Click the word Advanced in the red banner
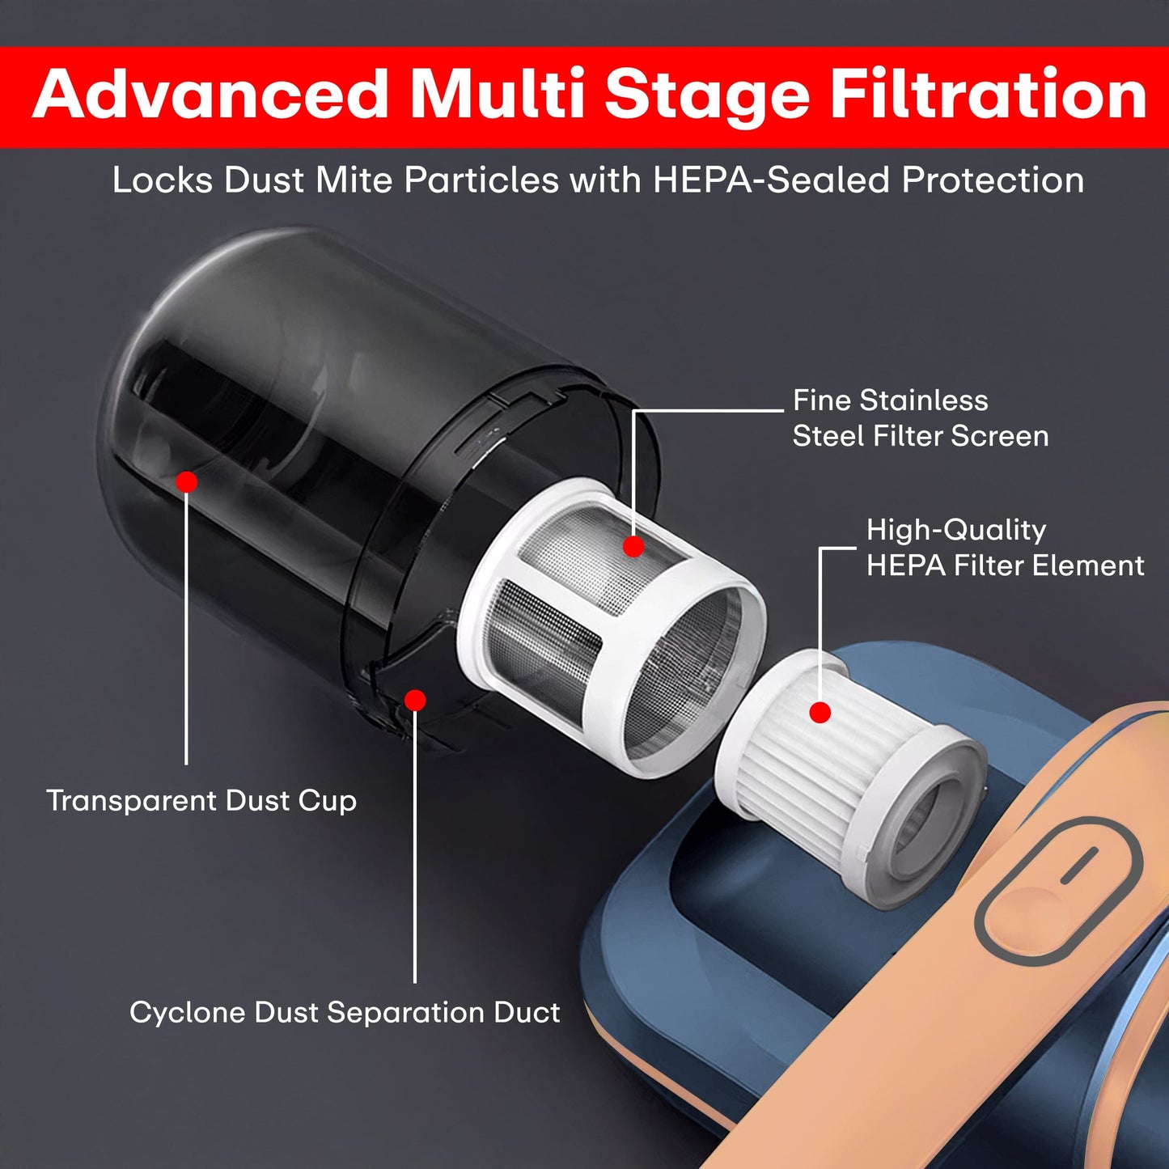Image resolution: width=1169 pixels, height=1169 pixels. point(210,95)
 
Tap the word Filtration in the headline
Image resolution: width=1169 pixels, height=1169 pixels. point(989,95)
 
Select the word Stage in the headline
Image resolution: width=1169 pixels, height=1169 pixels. point(706,95)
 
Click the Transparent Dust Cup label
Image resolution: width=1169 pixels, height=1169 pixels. point(201,801)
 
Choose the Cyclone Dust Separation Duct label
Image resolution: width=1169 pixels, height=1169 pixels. point(345,1013)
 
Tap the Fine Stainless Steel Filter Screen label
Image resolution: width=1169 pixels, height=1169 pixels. point(920,418)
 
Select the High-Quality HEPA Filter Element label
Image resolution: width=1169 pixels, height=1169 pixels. point(1005,548)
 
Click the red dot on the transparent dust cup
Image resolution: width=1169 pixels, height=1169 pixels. point(187,482)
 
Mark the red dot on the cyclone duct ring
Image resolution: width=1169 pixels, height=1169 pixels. point(415,700)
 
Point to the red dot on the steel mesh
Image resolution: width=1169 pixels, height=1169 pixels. point(633,547)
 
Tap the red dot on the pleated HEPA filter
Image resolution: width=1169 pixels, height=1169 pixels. point(820,713)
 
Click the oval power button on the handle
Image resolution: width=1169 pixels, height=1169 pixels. point(1058,890)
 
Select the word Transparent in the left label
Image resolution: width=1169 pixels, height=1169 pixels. point(130,801)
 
